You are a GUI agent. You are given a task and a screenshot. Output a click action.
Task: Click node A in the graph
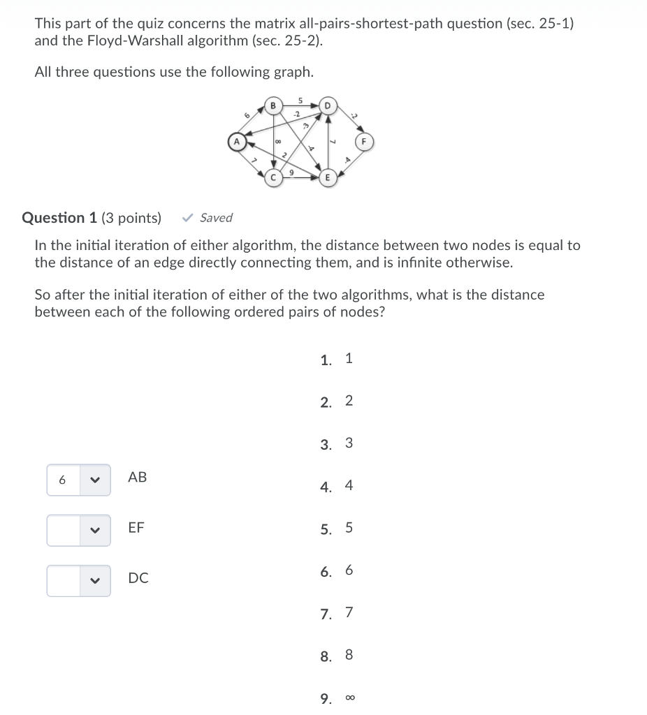236,142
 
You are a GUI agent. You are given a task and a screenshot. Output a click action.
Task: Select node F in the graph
363,142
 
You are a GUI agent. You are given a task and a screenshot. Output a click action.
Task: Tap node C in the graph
274,178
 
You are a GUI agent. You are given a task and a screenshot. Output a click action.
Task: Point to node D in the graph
326,105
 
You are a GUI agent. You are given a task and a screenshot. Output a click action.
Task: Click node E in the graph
326,178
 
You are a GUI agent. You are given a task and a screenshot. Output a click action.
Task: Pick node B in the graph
274,105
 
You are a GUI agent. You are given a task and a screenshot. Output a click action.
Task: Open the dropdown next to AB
78,480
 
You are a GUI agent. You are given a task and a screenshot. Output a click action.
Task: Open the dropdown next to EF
78,531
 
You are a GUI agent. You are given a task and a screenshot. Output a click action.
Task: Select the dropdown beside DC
78,581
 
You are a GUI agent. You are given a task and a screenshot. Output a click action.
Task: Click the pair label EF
136,528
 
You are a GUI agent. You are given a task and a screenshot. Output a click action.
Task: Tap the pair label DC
138,578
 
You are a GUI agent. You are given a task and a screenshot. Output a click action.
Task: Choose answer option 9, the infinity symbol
349,698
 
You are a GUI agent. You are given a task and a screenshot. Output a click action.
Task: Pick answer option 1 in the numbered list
349,359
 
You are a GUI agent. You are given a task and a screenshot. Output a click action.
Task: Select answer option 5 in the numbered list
349,528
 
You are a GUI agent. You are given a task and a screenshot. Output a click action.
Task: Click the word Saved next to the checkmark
216,218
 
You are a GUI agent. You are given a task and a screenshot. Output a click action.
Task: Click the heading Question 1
59,218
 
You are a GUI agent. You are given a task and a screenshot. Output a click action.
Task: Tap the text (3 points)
131,218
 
